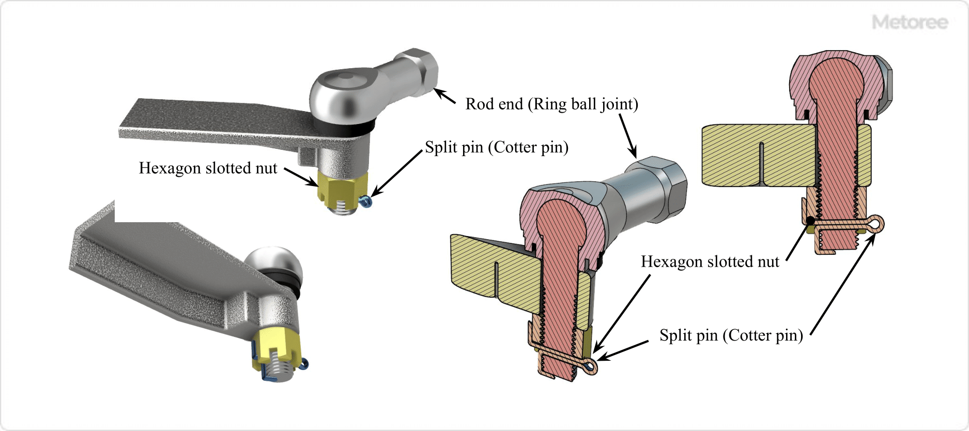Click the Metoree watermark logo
click(x=910, y=22)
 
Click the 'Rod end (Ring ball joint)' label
click(x=551, y=104)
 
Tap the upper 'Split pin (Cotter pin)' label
click(x=496, y=147)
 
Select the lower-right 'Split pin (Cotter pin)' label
click(x=731, y=335)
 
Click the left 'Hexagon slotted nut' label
click(x=208, y=168)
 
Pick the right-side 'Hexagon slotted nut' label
click(x=710, y=261)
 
